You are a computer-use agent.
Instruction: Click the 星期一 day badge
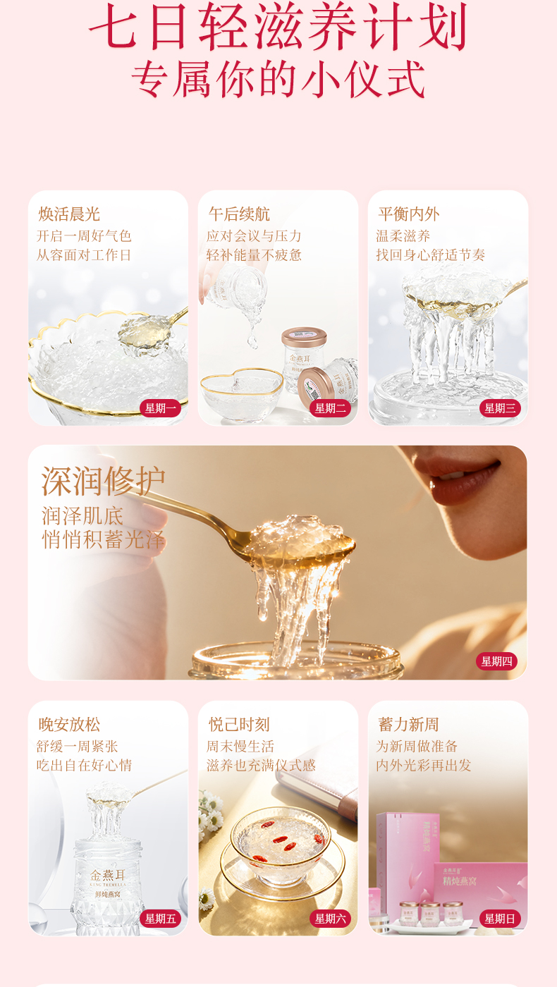pyautogui.click(x=161, y=408)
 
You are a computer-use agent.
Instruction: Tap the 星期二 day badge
pyautogui.click(x=330, y=408)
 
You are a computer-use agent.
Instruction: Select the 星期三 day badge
pyautogui.click(x=500, y=408)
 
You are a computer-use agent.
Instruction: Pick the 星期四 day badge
pyautogui.click(x=496, y=661)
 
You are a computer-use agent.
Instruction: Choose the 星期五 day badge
pyautogui.click(x=161, y=919)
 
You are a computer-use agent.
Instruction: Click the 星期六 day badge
pyautogui.click(x=330, y=919)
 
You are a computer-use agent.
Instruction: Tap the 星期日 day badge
pyautogui.click(x=500, y=919)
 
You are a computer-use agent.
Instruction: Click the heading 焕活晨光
pyautogui.click(x=69, y=214)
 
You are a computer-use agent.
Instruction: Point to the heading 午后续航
pyautogui.click(x=239, y=214)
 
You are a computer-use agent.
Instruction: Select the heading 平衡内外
pyautogui.click(x=408, y=214)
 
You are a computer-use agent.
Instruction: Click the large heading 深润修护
pyautogui.click(x=103, y=481)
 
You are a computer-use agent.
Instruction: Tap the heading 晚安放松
pyautogui.click(x=69, y=725)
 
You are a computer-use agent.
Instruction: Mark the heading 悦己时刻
pyautogui.click(x=239, y=725)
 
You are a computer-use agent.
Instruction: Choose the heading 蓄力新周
pyautogui.click(x=408, y=725)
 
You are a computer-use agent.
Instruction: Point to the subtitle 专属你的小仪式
pyautogui.click(x=278, y=79)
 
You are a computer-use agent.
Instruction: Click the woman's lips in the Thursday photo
pyautogui.click(x=465, y=481)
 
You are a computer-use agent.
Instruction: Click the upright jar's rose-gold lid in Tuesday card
pyautogui.click(x=305, y=337)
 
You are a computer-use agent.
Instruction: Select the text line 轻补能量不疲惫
pyautogui.click(x=254, y=255)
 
